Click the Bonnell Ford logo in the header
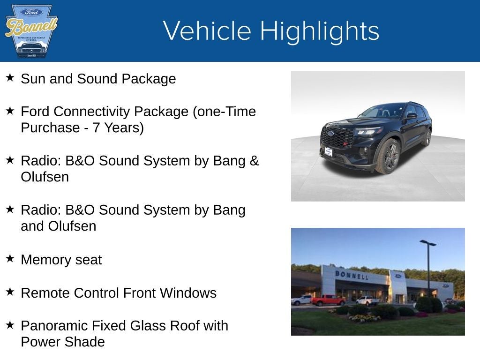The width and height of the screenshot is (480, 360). [x=31, y=31]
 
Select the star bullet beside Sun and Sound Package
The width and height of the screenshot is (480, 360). [x=10, y=77]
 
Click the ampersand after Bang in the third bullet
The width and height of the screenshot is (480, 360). [x=255, y=161]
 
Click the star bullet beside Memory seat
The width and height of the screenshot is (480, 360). [x=10, y=258]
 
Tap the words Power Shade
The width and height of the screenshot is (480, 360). [x=62, y=342]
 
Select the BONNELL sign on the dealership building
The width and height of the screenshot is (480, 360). [x=352, y=275]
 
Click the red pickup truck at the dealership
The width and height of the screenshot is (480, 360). [x=328, y=300]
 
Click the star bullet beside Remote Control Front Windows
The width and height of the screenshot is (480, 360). [x=10, y=292]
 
